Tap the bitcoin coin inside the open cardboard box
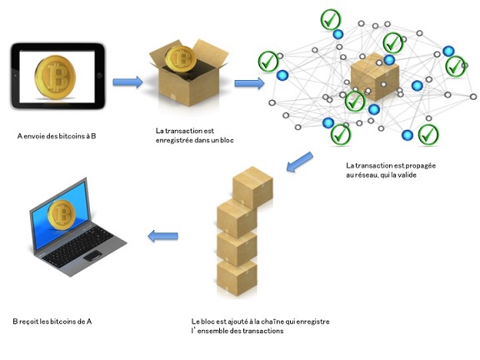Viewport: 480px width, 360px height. pos(181,57)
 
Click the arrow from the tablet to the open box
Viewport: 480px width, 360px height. pos(127,82)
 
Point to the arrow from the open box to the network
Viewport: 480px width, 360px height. pos(249,83)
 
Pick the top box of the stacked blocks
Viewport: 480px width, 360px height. pos(252,184)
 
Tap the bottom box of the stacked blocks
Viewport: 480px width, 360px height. pos(237,276)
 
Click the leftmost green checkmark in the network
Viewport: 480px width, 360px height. pos(268,61)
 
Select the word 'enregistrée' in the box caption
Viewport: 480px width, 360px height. pos(178,140)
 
